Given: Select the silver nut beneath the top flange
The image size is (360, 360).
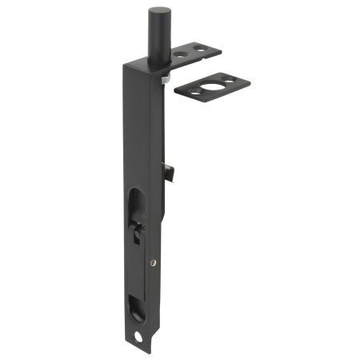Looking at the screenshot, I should click(x=164, y=78).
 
